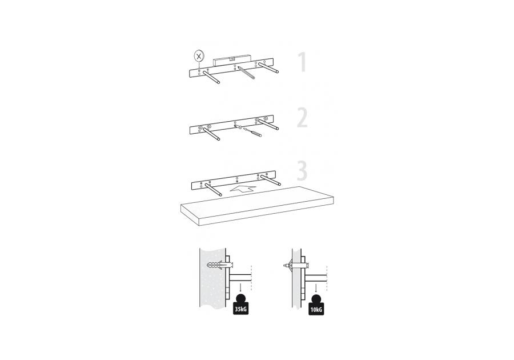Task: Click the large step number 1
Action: tap(302, 62)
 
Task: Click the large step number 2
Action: tap(302, 118)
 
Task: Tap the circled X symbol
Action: tap(198, 56)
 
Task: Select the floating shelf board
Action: tap(258, 205)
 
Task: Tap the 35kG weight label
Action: tap(240, 309)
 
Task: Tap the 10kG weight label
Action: tap(316, 309)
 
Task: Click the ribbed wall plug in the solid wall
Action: tap(220, 264)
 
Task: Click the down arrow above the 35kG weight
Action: tap(240, 288)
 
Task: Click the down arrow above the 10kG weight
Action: tap(316, 288)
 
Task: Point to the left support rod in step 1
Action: tap(211, 77)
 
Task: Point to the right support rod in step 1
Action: tap(268, 67)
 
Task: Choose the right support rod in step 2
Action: tap(268, 124)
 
